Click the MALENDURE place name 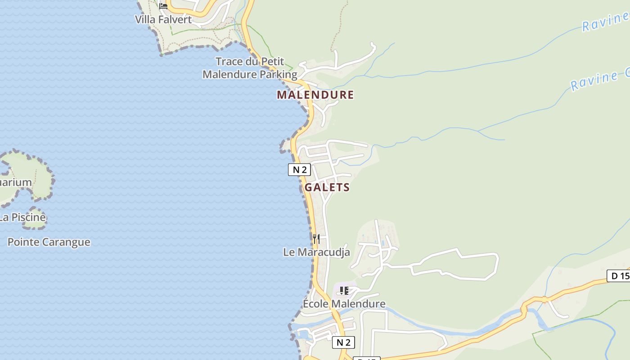pyautogui.click(x=315, y=95)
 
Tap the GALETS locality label pyautogui.click(x=327, y=187)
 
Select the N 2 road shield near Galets pyautogui.click(x=299, y=170)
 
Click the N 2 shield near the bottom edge pyautogui.click(x=343, y=342)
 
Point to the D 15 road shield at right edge pyautogui.click(x=619, y=275)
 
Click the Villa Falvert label pyautogui.click(x=163, y=19)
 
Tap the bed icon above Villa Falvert pyautogui.click(x=163, y=6)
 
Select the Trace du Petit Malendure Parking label pyautogui.click(x=250, y=68)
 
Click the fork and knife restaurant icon pyautogui.click(x=316, y=238)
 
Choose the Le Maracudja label pyautogui.click(x=316, y=252)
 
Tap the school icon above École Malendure pyautogui.click(x=344, y=291)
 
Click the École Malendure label pyautogui.click(x=344, y=304)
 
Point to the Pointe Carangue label pyautogui.click(x=49, y=242)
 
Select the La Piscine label pyautogui.click(x=22, y=217)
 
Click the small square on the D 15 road pyautogui.click(x=544, y=299)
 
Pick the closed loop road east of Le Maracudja pyautogui.click(x=454, y=265)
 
